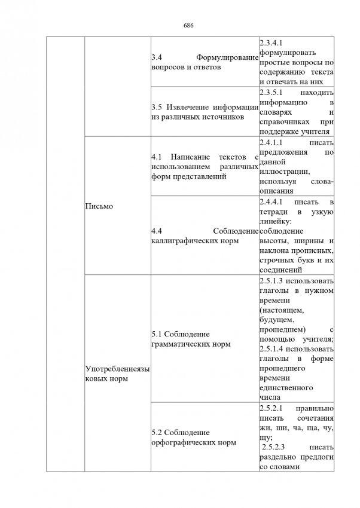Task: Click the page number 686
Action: pyautogui.click(x=188, y=26)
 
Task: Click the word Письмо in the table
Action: pyautogui.click(x=99, y=206)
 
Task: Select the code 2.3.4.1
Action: pyautogui.click(x=273, y=42)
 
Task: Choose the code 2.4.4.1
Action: pyautogui.click(x=273, y=204)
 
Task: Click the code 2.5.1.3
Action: pyautogui.click(x=273, y=281)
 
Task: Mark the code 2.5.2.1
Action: pyautogui.click(x=273, y=408)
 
